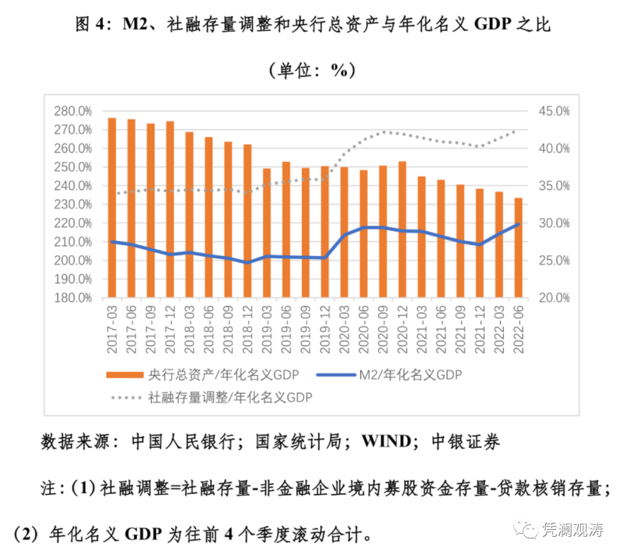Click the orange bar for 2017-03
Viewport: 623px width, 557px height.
point(112,208)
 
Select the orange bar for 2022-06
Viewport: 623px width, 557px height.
point(519,248)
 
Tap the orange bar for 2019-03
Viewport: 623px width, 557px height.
point(267,233)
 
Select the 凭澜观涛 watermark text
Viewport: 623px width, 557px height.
point(573,529)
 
